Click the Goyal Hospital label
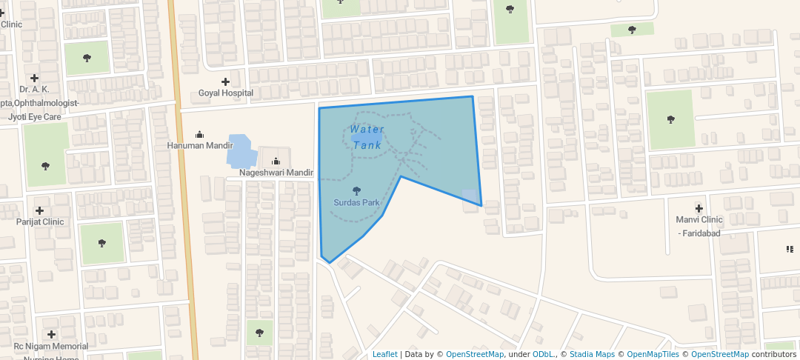226,93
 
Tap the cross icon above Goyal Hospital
226,81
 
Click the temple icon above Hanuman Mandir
199,134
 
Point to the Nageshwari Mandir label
276,173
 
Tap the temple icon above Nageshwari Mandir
276,161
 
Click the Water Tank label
367,137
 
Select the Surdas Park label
356,202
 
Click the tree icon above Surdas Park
356,190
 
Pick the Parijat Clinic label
40,221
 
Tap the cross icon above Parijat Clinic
40,210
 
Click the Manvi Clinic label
699,220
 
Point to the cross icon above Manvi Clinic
699,208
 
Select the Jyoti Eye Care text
34,117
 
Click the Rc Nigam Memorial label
50,346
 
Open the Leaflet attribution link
384,354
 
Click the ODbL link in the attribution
544,354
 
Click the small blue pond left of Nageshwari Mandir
241,152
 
